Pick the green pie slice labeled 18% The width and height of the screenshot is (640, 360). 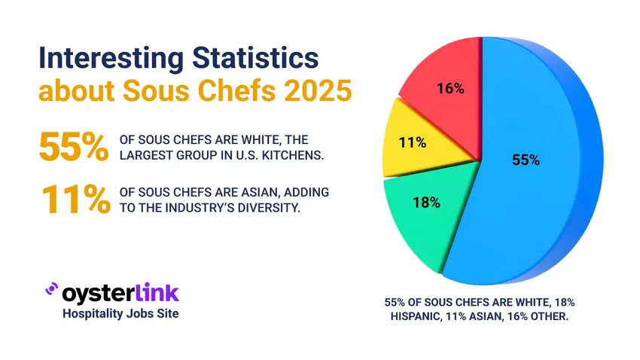click(422, 215)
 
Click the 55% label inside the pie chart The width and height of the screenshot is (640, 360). click(526, 160)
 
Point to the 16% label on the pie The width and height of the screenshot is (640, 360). click(450, 89)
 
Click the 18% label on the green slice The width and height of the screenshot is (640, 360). click(426, 202)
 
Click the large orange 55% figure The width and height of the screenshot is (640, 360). click(73, 146)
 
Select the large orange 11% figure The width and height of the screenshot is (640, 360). click(73, 200)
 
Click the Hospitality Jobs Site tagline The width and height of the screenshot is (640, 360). click(120, 313)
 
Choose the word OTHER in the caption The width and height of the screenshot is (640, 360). click(551, 317)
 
